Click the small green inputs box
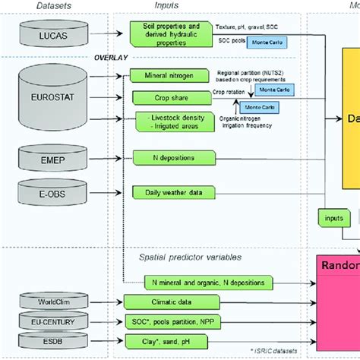coord(333,217)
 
